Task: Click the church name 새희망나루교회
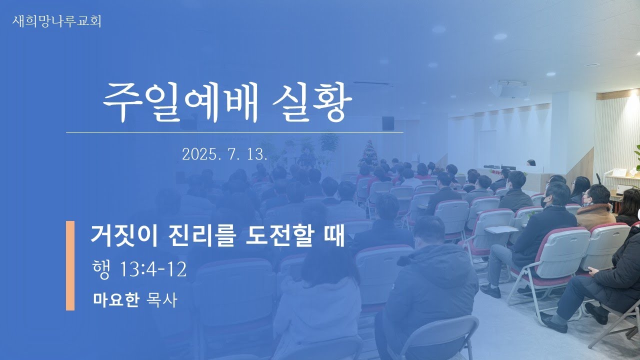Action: pyautogui.click(x=57, y=21)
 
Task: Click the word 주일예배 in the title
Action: pyautogui.click(x=180, y=102)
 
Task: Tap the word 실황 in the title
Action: pyautogui.click(x=312, y=102)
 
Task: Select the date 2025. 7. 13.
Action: pyautogui.click(x=224, y=154)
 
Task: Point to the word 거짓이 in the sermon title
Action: pyautogui.click(x=123, y=235)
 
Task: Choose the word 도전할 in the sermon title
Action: pyautogui.click(x=279, y=235)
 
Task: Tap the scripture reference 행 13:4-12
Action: pyautogui.click(x=139, y=269)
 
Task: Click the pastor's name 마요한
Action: pyautogui.click(x=116, y=299)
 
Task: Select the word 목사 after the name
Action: pyautogui.click(x=161, y=299)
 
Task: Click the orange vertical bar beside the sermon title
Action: pyautogui.click(x=70, y=265)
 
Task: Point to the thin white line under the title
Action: pyautogui.click(x=234, y=133)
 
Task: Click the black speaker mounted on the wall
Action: pyautogui.click(x=388, y=123)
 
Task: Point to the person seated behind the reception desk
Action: pyautogui.click(x=531, y=163)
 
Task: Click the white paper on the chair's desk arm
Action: pyautogui.click(x=501, y=229)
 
